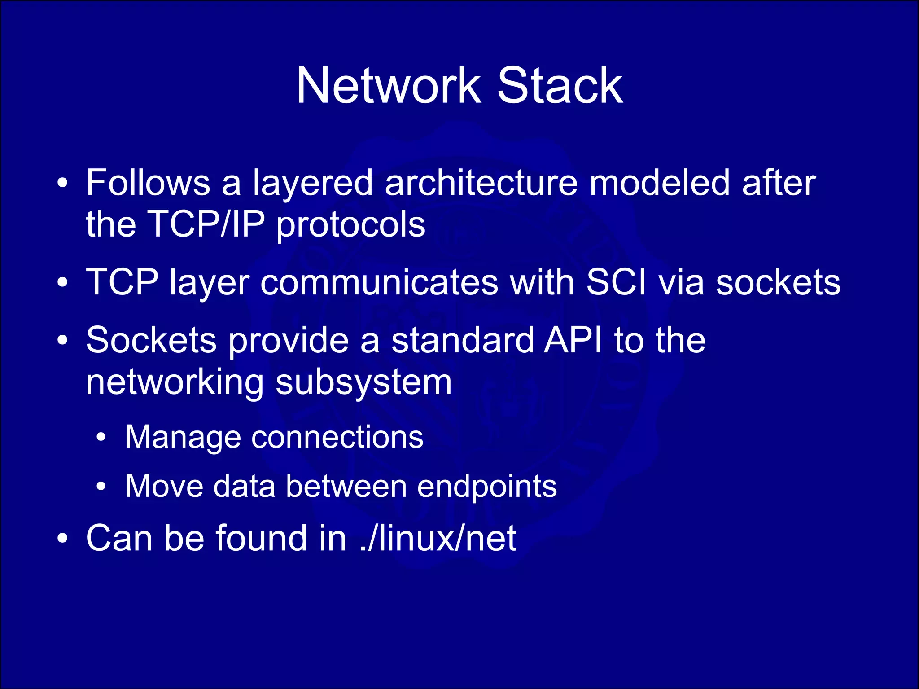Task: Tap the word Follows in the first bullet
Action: tap(148, 183)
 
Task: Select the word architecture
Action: tap(481, 183)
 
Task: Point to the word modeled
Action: tap(659, 183)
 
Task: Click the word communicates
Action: tap(379, 282)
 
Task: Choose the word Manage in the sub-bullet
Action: tap(183, 437)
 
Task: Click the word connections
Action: tap(337, 437)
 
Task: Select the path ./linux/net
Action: tap(438, 538)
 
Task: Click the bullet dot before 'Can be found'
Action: tap(63, 538)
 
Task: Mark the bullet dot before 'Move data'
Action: tap(102, 487)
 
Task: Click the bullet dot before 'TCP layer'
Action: tap(63, 282)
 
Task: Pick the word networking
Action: tap(175, 383)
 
